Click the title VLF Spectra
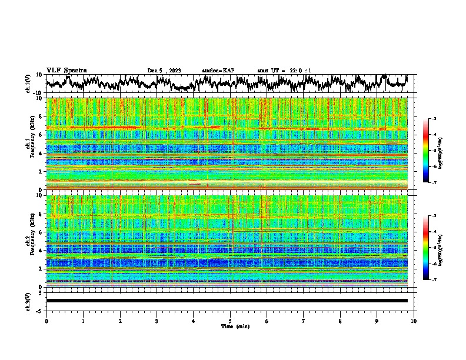click(x=66, y=70)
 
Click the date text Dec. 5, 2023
click(x=164, y=71)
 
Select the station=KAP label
click(x=218, y=71)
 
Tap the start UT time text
click(x=284, y=71)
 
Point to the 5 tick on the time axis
click(x=230, y=320)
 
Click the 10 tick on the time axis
click(x=414, y=320)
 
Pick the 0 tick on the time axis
click(x=46, y=320)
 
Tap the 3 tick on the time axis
click(x=157, y=320)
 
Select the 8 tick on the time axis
click(x=340, y=320)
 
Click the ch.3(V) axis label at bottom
click(x=28, y=300)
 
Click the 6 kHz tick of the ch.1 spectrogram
click(x=41, y=135)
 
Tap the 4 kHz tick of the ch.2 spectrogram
click(x=41, y=250)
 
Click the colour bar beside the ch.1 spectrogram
click(x=431, y=151)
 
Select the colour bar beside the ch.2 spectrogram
click(x=431, y=248)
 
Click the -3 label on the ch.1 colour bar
click(x=440, y=119)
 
